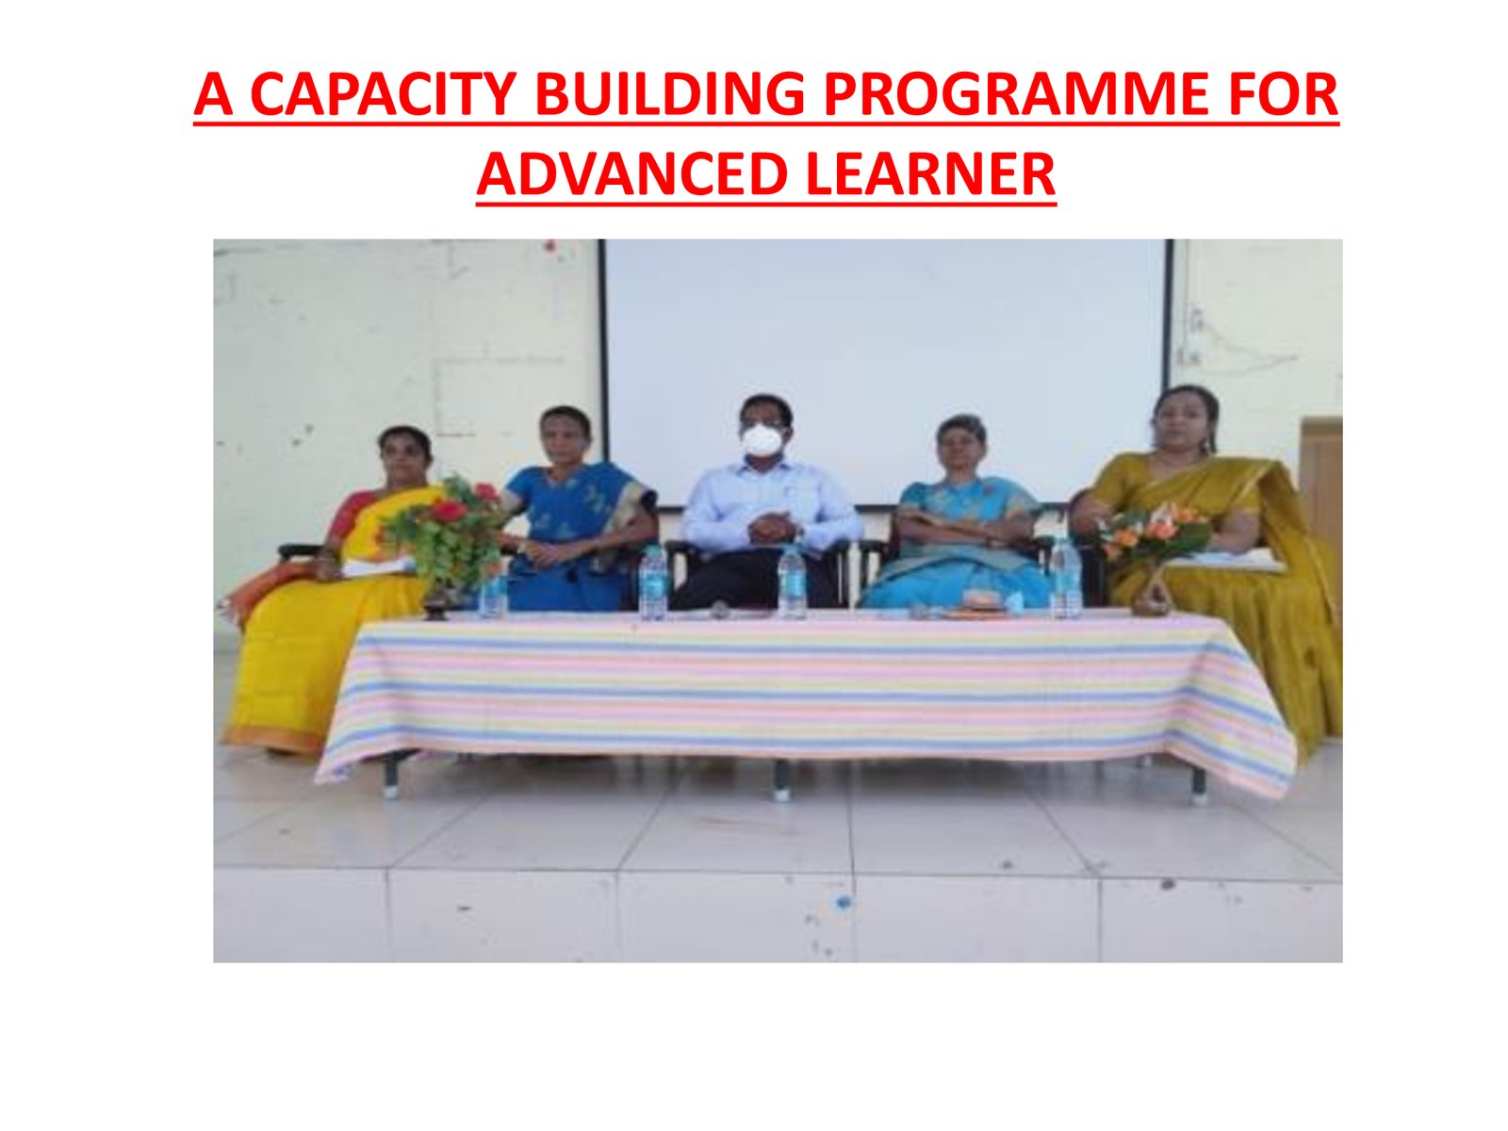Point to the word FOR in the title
click(1282, 94)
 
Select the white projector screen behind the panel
click(886, 370)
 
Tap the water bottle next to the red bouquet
click(493, 594)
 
